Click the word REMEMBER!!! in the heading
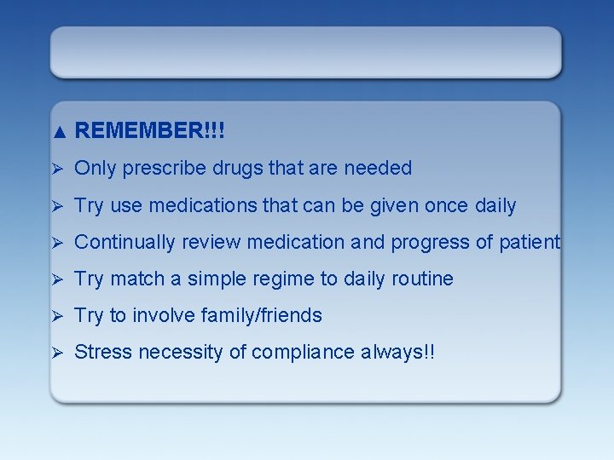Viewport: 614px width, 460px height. click(150, 130)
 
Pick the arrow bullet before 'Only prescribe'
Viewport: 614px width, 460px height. click(58, 169)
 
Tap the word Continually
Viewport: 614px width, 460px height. click(122, 242)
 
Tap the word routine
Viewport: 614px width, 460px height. click(421, 279)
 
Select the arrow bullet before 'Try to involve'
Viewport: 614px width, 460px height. click(58, 315)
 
